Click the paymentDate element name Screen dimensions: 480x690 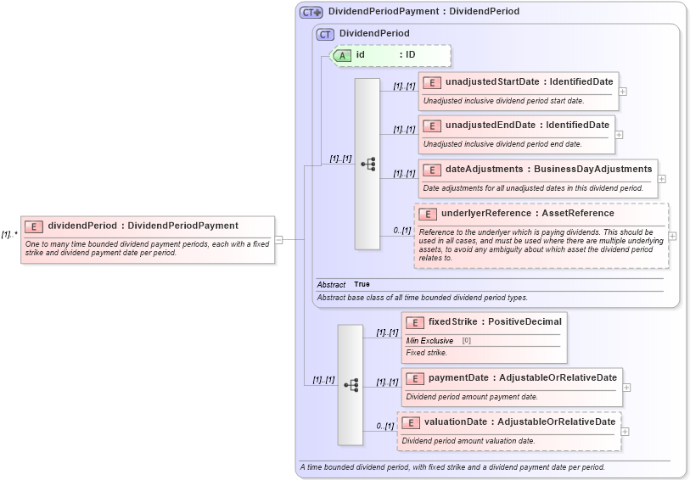click(x=459, y=377)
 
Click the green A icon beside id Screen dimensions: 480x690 click(x=342, y=55)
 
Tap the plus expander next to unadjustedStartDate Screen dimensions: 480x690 click(x=623, y=91)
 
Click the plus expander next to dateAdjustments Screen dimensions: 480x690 click(x=662, y=179)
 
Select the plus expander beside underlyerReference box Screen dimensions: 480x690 click(x=672, y=237)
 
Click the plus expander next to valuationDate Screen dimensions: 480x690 click(x=626, y=432)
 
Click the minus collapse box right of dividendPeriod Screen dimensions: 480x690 click(x=279, y=240)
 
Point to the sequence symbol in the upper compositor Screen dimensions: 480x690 click(x=367, y=165)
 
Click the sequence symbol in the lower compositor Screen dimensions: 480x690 click(x=351, y=385)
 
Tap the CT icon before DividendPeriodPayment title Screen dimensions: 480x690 click(x=311, y=12)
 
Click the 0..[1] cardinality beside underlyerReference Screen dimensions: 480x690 click(x=401, y=231)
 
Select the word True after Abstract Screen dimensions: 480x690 click(x=362, y=284)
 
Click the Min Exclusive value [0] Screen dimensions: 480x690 click(x=466, y=340)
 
